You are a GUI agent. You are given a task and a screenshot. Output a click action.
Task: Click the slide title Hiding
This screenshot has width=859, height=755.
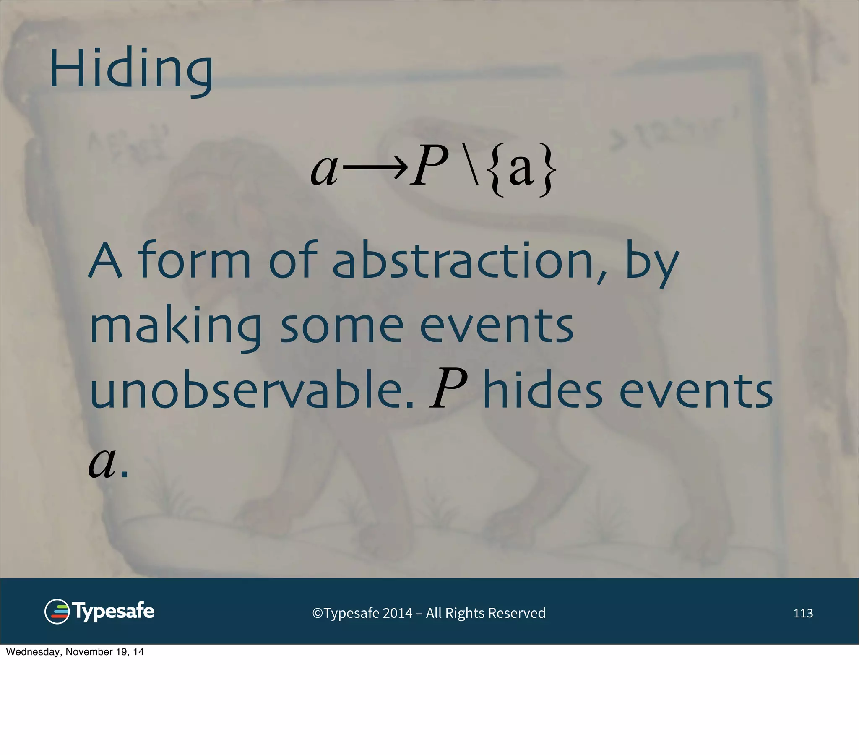click(131, 69)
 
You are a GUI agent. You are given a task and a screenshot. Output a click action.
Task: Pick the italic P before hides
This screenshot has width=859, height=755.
click(448, 389)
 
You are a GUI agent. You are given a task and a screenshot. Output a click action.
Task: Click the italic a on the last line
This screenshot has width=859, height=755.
click(102, 462)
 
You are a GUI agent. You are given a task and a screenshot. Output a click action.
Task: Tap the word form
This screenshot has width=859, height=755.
click(194, 260)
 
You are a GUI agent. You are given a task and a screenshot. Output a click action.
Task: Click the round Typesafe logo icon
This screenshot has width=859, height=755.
click(57, 612)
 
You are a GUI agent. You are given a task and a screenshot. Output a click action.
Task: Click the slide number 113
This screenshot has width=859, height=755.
click(803, 613)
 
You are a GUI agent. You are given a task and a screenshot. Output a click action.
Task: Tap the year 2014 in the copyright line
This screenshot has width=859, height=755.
click(397, 613)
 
